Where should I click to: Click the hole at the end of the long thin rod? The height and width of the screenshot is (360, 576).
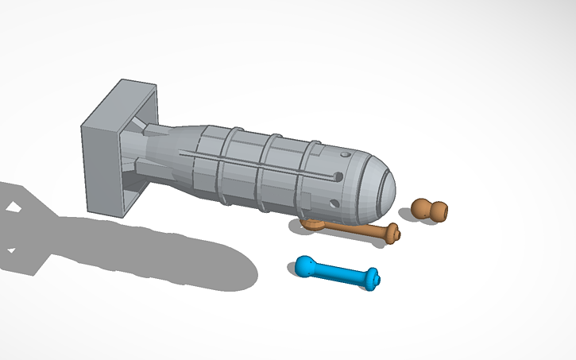338,176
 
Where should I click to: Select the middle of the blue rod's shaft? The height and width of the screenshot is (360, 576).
340,273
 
